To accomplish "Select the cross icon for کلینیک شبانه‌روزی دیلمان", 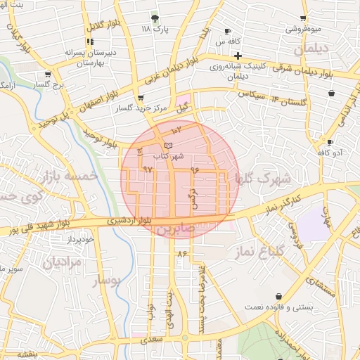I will click(x=238, y=56).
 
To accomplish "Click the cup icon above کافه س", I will click(x=227, y=32).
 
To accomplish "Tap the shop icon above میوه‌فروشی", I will click(x=303, y=18).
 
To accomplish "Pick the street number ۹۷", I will click(x=147, y=170).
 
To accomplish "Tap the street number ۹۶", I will click(x=195, y=170).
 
